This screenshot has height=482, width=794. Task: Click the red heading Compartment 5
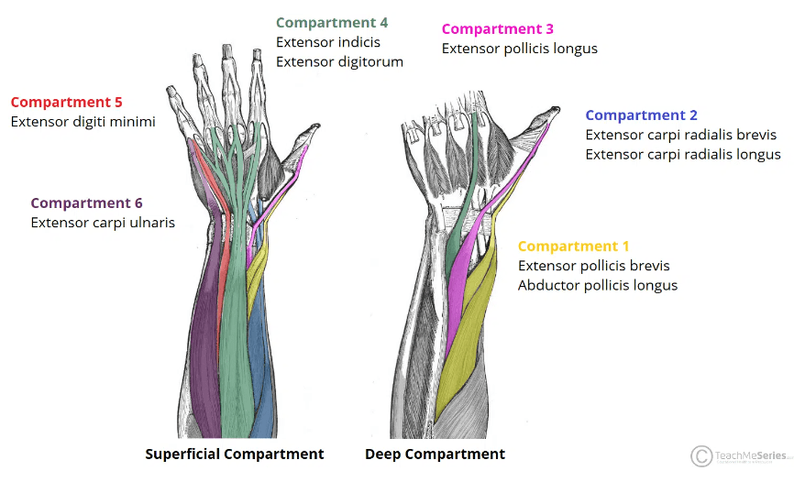(x=66, y=103)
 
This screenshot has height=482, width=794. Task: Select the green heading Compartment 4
(x=332, y=23)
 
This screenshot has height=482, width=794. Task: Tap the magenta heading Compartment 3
(x=497, y=29)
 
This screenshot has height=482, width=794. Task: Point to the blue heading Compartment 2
(x=641, y=115)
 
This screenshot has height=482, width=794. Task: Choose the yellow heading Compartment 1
(x=573, y=246)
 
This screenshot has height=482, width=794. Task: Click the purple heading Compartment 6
(x=86, y=203)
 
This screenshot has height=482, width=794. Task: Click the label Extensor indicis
(x=328, y=42)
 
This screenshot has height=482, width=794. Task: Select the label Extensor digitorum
(x=340, y=62)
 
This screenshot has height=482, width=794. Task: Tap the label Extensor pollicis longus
(x=520, y=49)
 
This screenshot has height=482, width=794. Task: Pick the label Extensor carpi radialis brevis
(x=681, y=136)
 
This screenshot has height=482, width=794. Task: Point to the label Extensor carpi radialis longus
(x=683, y=155)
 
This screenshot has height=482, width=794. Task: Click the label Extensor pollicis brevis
(x=594, y=266)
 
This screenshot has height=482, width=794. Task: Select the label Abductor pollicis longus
(x=598, y=286)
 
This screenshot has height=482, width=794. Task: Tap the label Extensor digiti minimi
(x=83, y=122)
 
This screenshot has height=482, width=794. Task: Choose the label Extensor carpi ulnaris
(x=103, y=223)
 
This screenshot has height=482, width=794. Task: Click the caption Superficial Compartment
(x=235, y=455)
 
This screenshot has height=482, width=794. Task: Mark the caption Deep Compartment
(x=435, y=455)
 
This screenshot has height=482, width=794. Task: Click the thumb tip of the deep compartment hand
(x=556, y=109)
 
